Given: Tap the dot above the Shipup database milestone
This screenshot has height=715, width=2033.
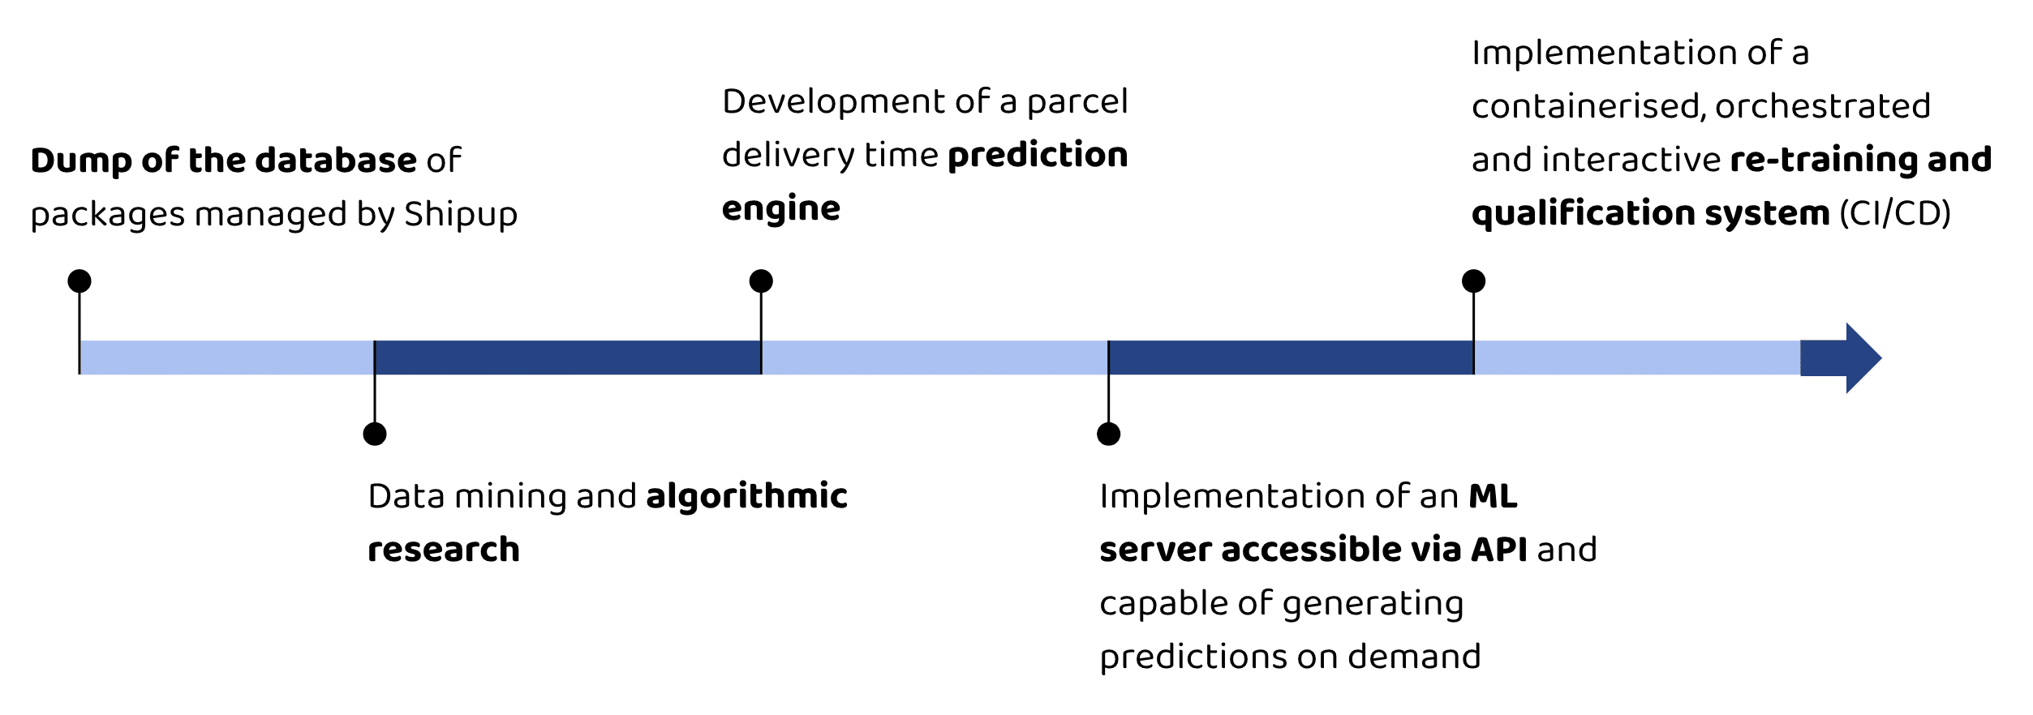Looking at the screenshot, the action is (80, 281).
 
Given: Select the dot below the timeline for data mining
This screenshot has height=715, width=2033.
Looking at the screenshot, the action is (375, 434).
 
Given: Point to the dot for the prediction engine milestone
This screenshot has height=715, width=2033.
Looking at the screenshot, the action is (761, 281).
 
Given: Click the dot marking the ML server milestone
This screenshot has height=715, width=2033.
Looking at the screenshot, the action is (1109, 434).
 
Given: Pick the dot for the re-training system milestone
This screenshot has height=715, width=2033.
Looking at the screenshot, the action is (1474, 281).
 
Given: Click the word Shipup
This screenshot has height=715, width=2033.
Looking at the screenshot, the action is (461, 215).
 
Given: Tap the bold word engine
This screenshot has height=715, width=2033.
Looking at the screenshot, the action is (781, 209).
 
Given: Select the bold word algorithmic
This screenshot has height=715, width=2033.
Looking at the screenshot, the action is (747, 496).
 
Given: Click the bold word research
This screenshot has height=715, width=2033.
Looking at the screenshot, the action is (444, 550).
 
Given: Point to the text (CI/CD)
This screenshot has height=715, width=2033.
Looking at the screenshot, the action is (1895, 213).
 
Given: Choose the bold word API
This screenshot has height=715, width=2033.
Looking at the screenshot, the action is (1499, 550).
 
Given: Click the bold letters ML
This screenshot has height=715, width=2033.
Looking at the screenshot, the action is (1494, 496).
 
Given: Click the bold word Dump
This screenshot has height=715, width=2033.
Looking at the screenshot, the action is (81, 161).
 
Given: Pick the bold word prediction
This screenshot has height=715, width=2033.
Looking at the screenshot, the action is (1038, 155).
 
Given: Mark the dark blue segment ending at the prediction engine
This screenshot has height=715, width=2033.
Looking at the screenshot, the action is (568, 357).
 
